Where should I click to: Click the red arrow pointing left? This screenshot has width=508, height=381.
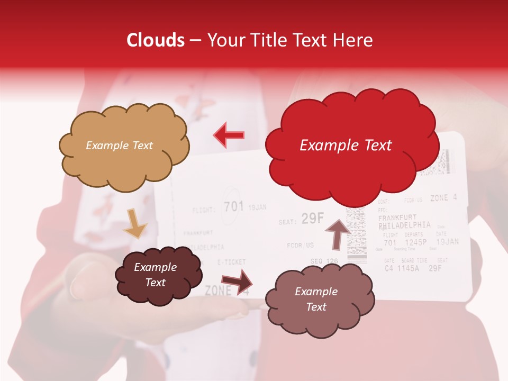(229, 135)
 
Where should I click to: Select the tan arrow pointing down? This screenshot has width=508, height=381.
(134, 223)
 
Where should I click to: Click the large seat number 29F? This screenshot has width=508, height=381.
(312, 219)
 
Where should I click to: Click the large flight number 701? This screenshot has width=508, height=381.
(233, 206)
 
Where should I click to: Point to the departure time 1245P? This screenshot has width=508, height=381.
(415, 243)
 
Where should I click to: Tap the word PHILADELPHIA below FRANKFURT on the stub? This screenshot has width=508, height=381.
(404, 225)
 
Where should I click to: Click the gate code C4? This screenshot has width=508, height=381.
(389, 268)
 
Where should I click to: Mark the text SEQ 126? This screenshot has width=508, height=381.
(324, 261)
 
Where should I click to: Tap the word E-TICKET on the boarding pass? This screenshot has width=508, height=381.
(231, 262)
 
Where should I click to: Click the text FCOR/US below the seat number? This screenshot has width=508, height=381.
(301, 245)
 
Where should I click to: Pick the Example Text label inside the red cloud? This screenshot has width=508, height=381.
(346, 146)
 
